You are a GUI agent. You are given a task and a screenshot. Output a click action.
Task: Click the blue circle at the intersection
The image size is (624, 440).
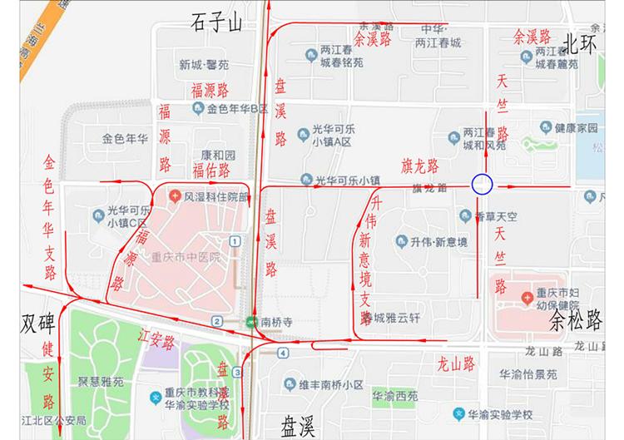[483, 185]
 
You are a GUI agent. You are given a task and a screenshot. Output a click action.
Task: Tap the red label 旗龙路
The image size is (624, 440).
[421, 166]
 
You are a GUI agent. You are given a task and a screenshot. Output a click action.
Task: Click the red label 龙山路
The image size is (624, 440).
[456, 363]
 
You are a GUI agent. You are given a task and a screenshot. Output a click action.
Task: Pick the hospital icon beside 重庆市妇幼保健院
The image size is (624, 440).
[527, 298]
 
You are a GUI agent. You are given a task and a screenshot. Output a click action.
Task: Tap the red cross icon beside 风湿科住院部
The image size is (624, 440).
[175, 197]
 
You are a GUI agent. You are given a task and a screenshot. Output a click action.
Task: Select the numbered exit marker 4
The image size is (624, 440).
[284, 353]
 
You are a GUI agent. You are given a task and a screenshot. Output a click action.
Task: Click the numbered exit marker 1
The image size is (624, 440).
[237, 241]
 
